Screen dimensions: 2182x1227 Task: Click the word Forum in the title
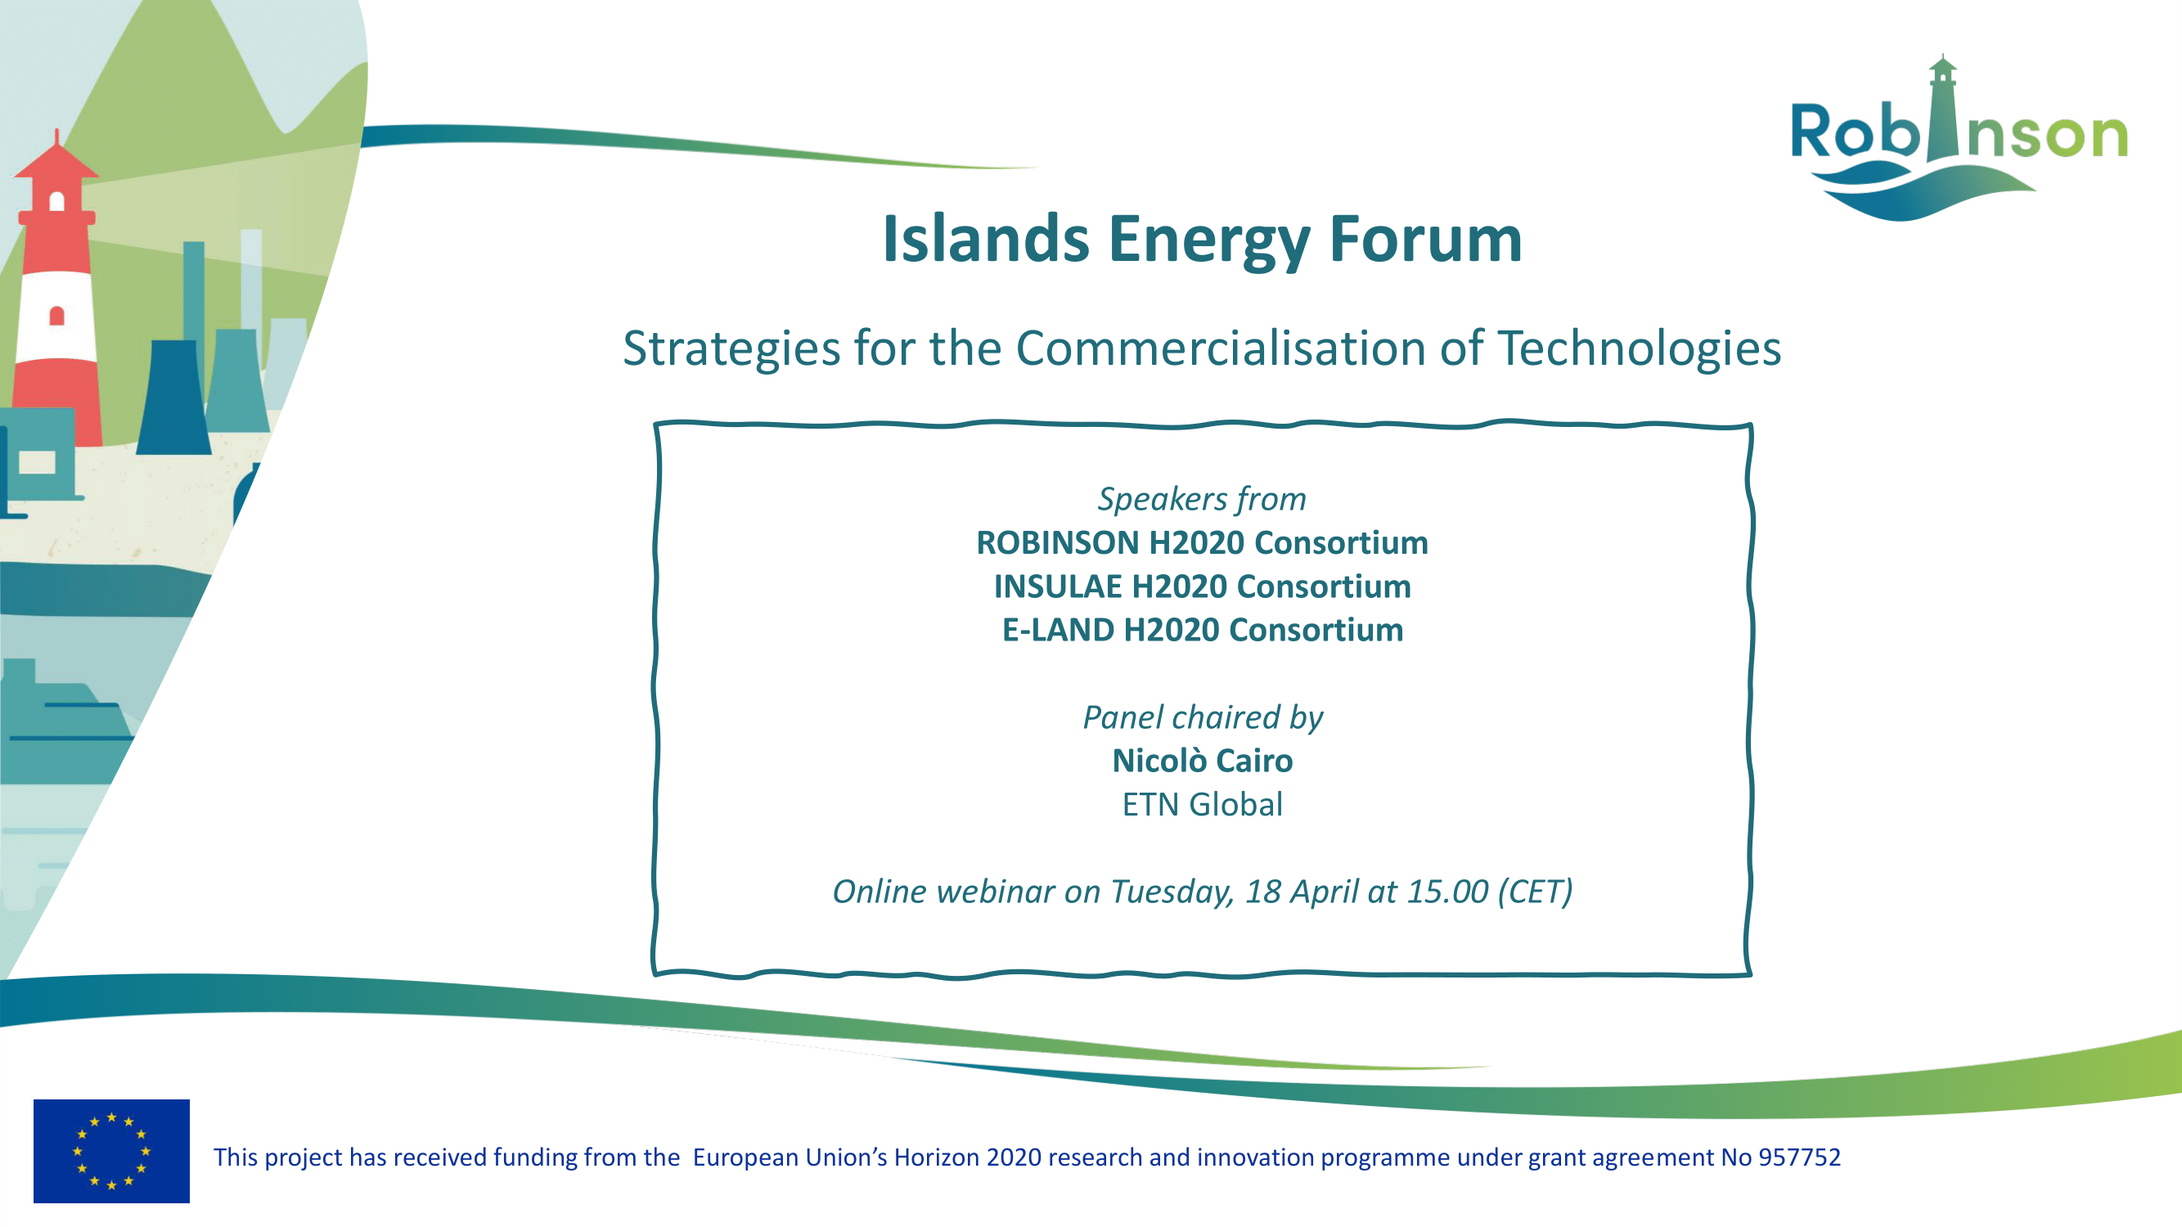tap(1425, 239)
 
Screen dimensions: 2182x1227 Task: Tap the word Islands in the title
tap(986, 239)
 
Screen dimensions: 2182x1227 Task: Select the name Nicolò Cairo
tap(1203, 761)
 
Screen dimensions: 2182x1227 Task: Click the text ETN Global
tap(1203, 804)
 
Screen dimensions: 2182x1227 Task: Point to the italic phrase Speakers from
tap(1202, 500)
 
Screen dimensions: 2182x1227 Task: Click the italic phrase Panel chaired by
tap(1203, 718)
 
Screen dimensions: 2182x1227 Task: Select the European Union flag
tap(112, 1151)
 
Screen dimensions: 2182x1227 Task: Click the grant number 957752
tap(1799, 1157)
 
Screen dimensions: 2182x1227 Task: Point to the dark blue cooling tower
tap(174, 398)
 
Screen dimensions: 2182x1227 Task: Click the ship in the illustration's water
tap(64, 720)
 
